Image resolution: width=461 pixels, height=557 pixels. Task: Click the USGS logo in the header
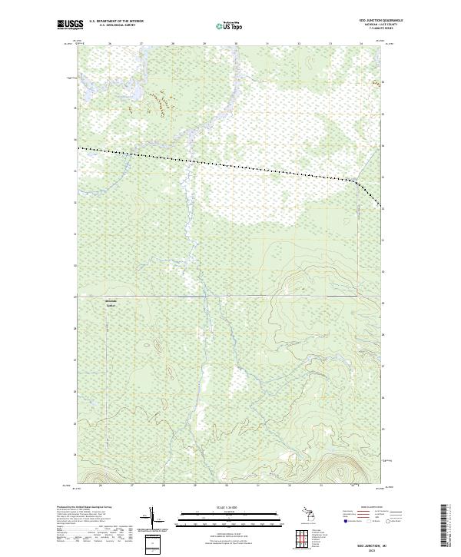[71, 25]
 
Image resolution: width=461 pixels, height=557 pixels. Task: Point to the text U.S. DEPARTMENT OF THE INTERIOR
[117, 21]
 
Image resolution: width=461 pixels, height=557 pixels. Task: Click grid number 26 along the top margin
[110, 44]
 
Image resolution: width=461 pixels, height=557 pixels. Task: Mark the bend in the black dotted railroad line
[356, 182]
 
